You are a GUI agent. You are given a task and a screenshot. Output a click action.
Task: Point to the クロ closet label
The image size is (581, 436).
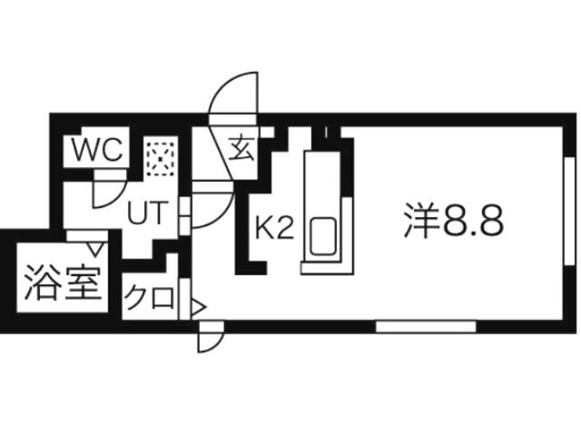pyautogui.click(x=148, y=298)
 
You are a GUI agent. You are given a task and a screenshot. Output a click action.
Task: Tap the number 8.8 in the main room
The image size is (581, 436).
pyautogui.click(x=472, y=220)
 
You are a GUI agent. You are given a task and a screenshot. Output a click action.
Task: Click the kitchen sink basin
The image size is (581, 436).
pyautogui.click(x=324, y=237)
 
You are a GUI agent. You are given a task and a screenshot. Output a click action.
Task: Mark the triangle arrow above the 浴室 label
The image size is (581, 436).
pyautogui.click(x=94, y=245)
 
